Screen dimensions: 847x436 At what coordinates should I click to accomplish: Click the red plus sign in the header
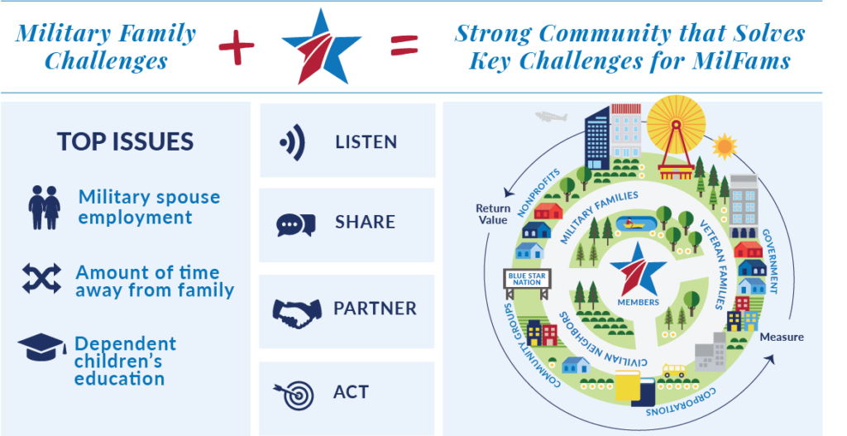click(236, 46)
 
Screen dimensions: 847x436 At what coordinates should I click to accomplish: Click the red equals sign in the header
click(404, 46)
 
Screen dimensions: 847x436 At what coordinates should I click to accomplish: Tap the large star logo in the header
click(322, 47)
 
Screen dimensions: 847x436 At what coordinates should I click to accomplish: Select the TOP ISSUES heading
click(126, 141)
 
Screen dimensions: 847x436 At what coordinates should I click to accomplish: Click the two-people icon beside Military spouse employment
click(45, 208)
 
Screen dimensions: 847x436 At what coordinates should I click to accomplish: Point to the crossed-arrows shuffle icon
click(41, 279)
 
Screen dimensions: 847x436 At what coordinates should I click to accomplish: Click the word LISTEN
click(366, 142)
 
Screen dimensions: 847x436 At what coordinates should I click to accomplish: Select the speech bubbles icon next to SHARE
click(295, 224)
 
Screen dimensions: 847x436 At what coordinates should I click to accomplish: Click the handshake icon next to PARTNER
click(297, 312)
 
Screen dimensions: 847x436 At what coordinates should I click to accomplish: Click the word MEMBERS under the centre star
click(639, 303)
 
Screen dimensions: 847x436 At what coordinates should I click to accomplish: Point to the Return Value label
click(493, 214)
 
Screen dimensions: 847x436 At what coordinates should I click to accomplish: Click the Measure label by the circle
click(782, 337)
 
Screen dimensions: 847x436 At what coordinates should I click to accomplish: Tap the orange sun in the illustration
click(725, 146)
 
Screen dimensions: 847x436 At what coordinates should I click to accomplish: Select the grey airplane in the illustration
click(551, 116)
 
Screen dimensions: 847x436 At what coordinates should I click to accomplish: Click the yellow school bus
click(673, 371)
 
